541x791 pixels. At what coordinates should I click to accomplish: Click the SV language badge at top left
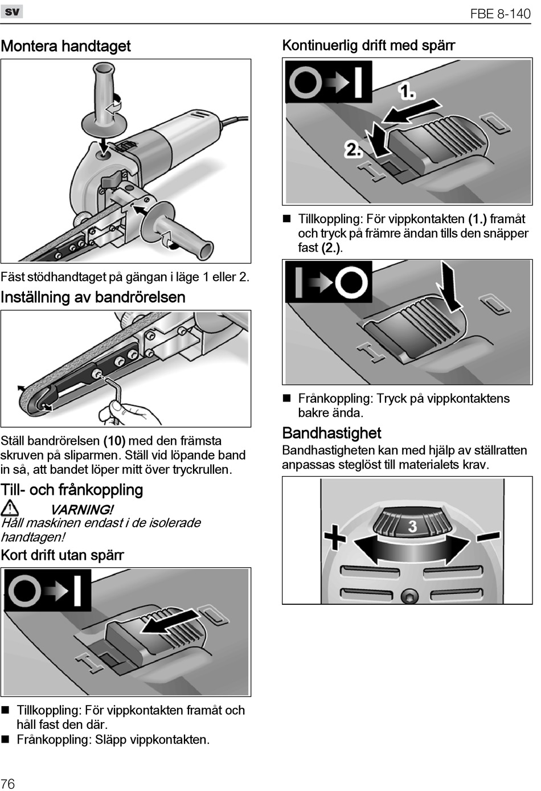coord(12,11)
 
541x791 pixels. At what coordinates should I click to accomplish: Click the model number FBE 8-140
coord(500,14)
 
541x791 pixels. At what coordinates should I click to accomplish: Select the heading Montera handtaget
coord(66,46)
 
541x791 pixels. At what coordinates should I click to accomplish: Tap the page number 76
coord(8,783)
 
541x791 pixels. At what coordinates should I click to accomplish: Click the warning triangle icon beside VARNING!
coord(10,507)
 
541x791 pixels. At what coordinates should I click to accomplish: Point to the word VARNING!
coord(82,509)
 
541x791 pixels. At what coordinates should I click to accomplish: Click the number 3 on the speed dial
coord(413,526)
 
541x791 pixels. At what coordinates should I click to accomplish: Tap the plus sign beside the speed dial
coord(335,537)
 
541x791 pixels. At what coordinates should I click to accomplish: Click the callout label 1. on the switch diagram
coord(407,91)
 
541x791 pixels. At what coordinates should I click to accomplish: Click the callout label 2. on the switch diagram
coord(353,149)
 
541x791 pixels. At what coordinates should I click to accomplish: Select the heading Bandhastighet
coord(331,433)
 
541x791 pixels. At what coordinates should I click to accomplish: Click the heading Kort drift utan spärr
coord(62,555)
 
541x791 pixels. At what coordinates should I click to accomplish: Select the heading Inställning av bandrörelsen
coord(93,297)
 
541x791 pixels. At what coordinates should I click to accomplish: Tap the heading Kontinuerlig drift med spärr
coord(368,46)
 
